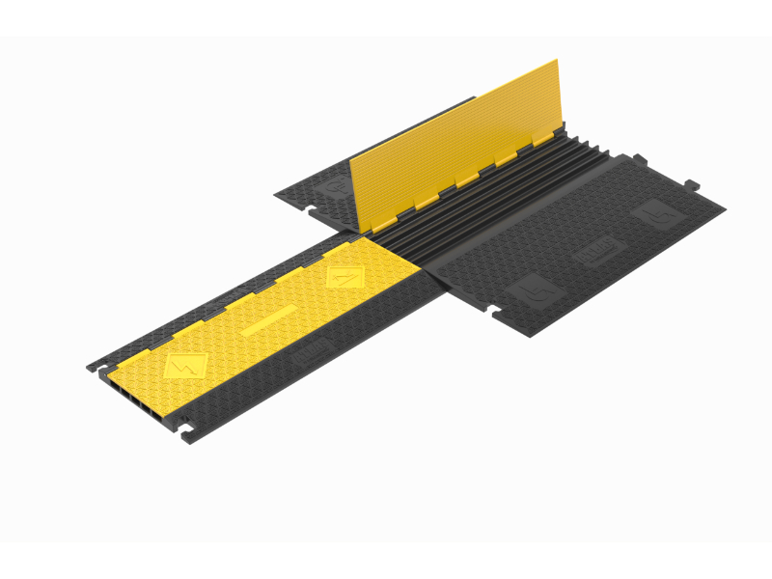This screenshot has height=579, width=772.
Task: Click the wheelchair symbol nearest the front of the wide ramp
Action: pyautogui.click(x=530, y=288)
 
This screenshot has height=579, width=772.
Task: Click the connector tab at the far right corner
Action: pyautogui.click(x=691, y=183)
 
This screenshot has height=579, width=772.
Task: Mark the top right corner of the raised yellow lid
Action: pyautogui.click(x=557, y=61)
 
